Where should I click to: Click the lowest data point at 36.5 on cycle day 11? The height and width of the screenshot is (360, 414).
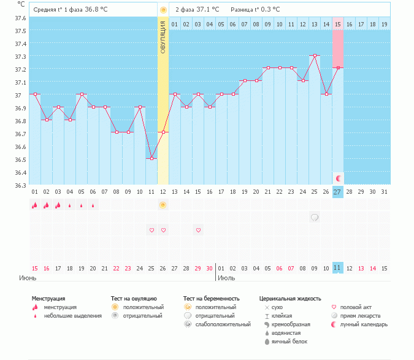pyautogui.click(x=151, y=158)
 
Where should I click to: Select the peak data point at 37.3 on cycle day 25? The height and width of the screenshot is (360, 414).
pyautogui.click(x=315, y=55)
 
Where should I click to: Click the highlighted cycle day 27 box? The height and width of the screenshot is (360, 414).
pyautogui.click(x=338, y=192)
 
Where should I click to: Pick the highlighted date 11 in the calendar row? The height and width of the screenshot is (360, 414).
pyautogui.click(x=337, y=268)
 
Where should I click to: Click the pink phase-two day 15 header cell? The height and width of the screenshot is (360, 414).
pyautogui.click(x=338, y=24)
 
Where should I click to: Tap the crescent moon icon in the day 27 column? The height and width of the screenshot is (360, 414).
pyautogui.click(x=338, y=178)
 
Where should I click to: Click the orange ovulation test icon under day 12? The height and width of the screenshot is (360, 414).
pyautogui.click(x=163, y=205)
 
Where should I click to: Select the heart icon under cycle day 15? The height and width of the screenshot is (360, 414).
pyautogui.click(x=198, y=230)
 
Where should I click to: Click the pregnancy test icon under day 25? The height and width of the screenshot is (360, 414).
pyautogui.click(x=315, y=217)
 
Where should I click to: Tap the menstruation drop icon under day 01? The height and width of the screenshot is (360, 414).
pyautogui.click(x=35, y=205)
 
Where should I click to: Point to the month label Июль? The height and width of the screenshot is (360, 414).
pyautogui.click(x=226, y=278)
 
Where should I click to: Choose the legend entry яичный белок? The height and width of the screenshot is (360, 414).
pyautogui.click(x=288, y=342)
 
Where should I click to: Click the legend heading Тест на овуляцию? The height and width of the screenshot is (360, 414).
pyautogui.click(x=133, y=299)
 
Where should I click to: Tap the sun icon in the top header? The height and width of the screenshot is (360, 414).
pyautogui.click(x=163, y=10)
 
